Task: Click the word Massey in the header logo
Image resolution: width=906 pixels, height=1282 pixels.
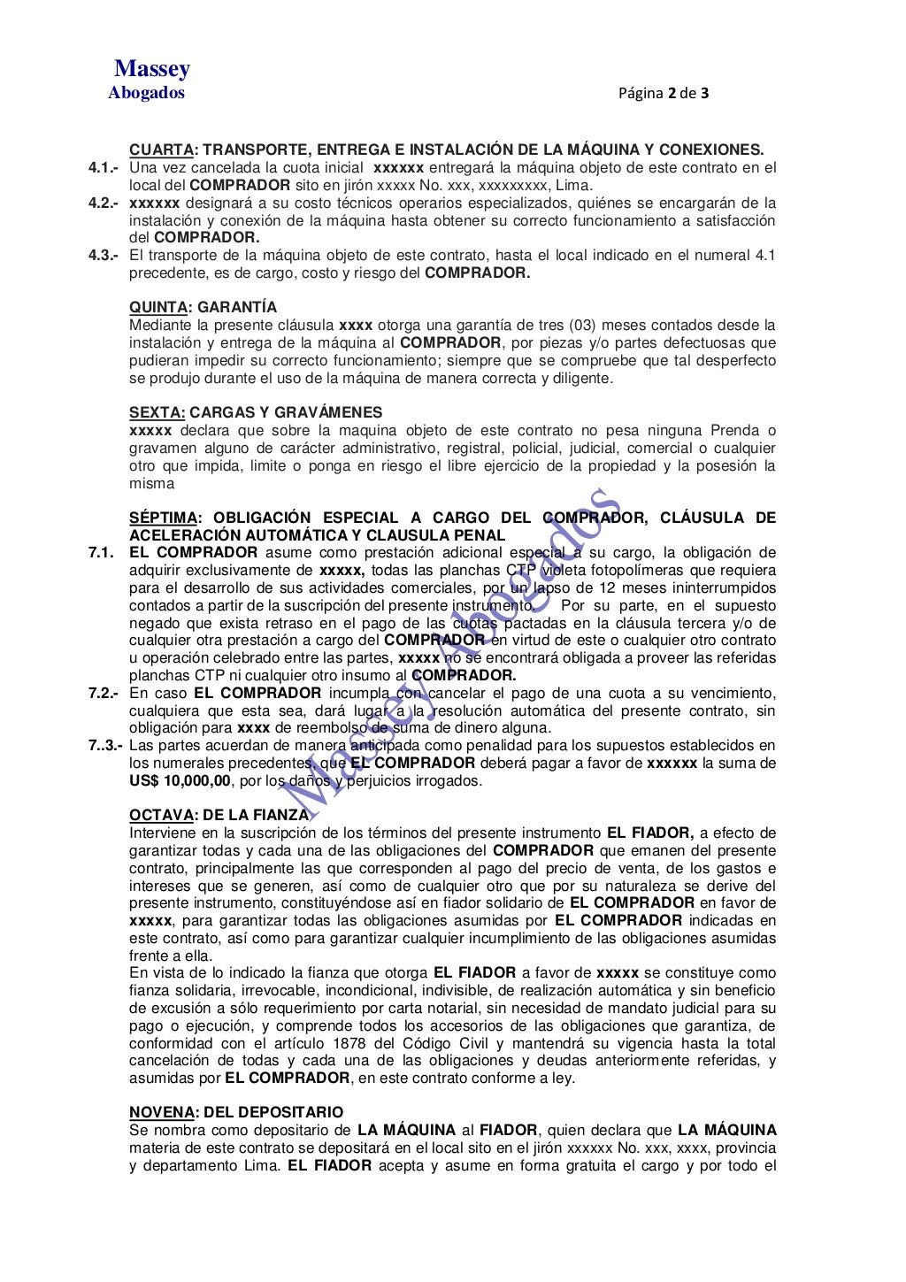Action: point(152,69)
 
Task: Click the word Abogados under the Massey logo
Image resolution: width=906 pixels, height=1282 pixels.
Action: point(147,93)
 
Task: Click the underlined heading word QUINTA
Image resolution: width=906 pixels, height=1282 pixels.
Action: point(158,307)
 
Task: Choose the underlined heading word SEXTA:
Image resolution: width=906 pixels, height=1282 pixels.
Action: point(157,412)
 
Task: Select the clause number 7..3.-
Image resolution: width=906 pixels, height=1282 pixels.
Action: point(106,746)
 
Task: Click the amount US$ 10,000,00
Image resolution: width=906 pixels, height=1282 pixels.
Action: point(180,781)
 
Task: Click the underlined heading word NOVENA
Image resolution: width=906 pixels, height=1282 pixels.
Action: point(162,1112)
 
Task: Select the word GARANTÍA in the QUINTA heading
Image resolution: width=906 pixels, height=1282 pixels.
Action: point(237,307)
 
